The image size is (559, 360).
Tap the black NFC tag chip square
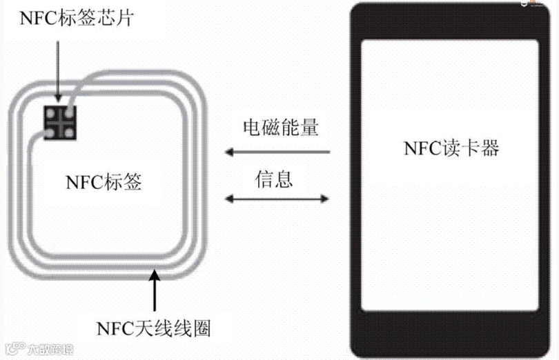60,121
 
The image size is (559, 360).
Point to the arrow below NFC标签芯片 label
59,68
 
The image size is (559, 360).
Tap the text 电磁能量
279,128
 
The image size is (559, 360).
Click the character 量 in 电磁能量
308,128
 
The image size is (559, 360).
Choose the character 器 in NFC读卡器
489,148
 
